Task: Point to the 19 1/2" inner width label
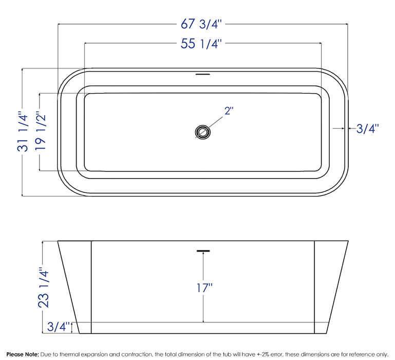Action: (x=41, y=132)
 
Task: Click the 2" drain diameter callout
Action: (x=228, y=111)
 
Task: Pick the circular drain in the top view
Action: (x=202, y=132)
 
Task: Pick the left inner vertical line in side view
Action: (x=91, y=286)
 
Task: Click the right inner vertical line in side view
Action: (x=313, y=286)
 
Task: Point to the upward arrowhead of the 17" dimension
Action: (x=203, y=256)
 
